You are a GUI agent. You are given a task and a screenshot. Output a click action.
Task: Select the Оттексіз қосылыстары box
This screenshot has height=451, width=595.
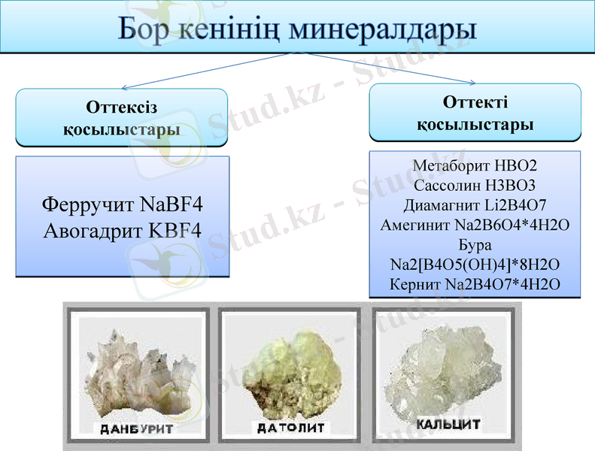tap(122, 117)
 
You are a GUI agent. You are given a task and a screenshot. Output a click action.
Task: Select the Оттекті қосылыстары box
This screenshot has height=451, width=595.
tap(475, 113)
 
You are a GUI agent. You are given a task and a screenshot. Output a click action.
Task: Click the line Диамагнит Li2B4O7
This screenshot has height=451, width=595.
tap(475, 204)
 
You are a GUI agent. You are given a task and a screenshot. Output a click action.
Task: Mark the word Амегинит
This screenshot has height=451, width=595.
tap(416, 225)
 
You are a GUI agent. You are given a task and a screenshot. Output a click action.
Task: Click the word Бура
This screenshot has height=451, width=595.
tap(475, 244)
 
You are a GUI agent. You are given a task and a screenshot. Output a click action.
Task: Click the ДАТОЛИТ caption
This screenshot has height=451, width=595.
tap(290, 428)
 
